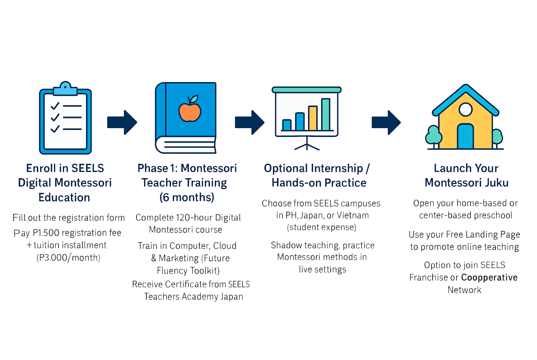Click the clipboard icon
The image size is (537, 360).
point(65,120)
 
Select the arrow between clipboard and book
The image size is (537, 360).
point(122,122)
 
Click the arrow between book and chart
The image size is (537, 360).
point(250,122)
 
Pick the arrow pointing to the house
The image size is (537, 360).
point(386,122)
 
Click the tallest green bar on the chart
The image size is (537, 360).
point(326,114)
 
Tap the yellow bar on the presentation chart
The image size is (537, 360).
point(313,118)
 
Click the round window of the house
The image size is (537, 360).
point(466,109)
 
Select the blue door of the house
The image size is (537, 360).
point(465,137)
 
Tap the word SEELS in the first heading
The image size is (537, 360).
point(88,168)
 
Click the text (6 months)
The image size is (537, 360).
point(187,197)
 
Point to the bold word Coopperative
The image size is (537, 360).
point(489,278)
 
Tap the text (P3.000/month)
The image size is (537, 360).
point(68,257)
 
